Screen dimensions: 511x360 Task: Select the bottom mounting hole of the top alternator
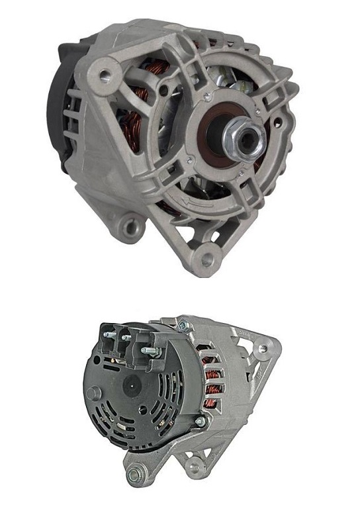click(207, 258)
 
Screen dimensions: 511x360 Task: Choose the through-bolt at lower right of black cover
click(199, 421)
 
